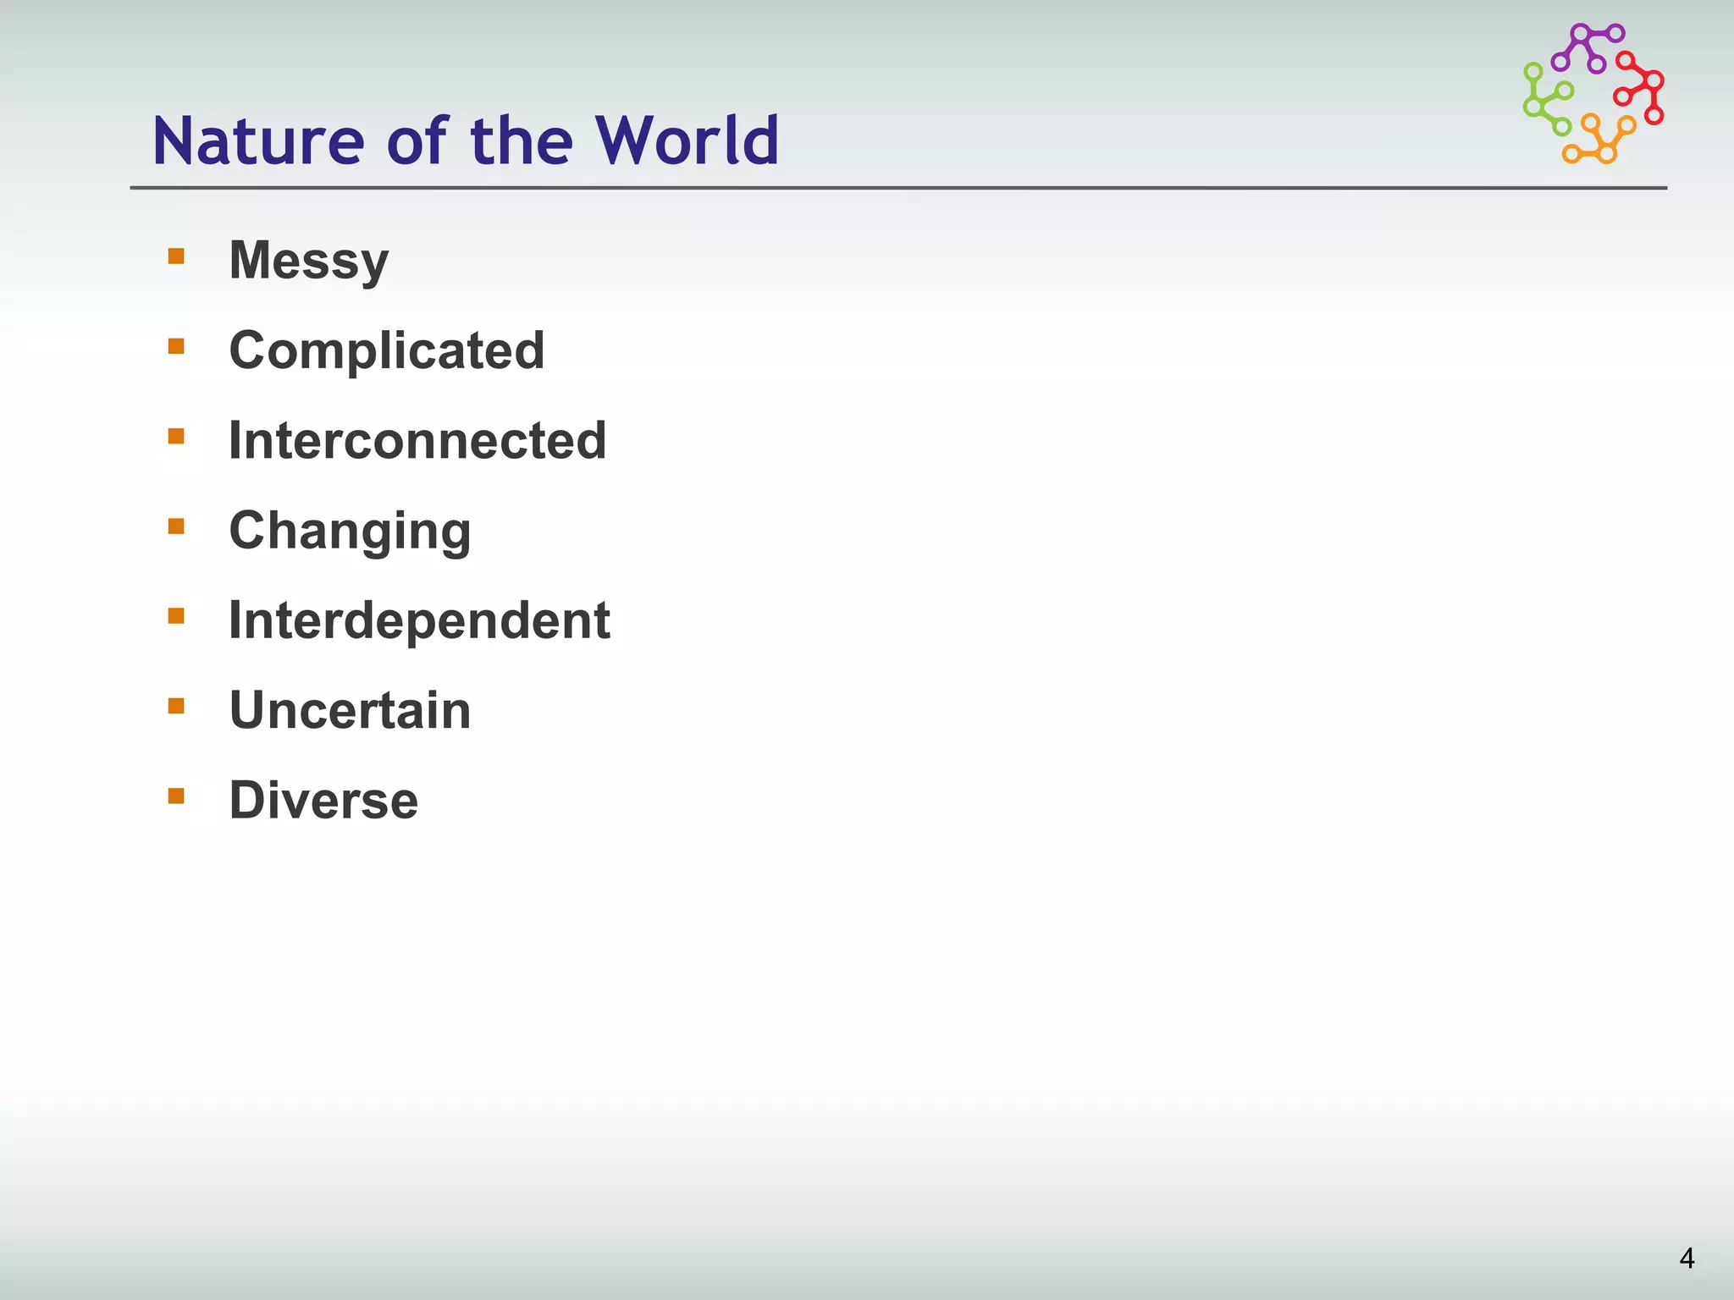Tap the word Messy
(309, 261)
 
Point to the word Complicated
(387, 350)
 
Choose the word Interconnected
(417, 440)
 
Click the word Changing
(350, 532)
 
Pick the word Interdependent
(419, 620)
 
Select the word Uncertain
(350, 710)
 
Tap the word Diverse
(323, 800)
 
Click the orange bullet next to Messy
(176, 256)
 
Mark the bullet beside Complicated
(176, 346)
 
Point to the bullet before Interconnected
(176, 436)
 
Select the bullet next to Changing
(176, 526)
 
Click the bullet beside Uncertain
(176, 706)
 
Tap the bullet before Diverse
(176, 796)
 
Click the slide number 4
(1687, 1259)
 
